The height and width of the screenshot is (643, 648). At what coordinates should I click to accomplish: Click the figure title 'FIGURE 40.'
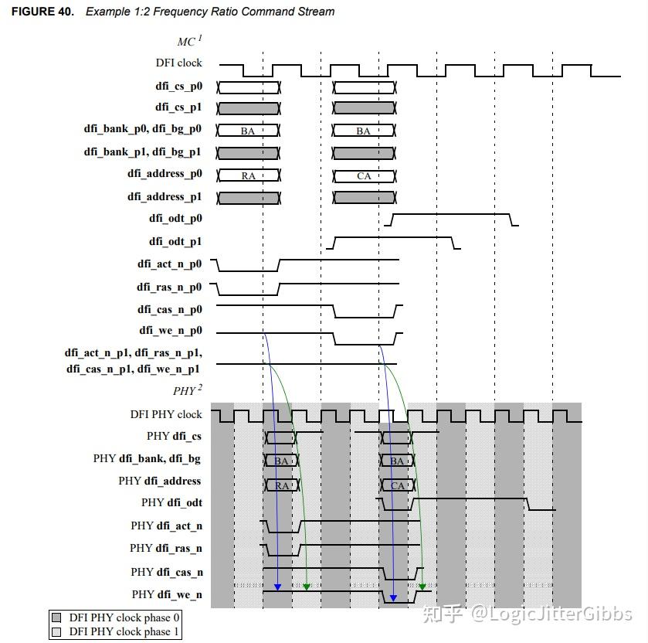pos(42,12)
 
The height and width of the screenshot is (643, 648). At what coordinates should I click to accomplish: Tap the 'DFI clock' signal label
pos(179,63)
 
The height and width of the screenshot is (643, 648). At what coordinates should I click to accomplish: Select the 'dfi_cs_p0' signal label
pos(179,87)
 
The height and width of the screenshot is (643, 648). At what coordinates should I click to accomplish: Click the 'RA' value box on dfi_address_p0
pos(249,175)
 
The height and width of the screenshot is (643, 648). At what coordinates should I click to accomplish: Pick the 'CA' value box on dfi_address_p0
pos(364,175)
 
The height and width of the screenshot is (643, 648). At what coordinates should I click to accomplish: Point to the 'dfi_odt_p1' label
pos(175,241)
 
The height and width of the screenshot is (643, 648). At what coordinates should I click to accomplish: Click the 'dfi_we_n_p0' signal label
pos(171,331)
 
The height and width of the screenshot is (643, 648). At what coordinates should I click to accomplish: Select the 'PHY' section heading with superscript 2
pos(188,390)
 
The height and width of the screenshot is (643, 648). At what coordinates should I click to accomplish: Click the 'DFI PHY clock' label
pos(166,414)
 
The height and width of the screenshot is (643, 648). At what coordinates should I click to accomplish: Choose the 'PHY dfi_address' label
pos(160,481)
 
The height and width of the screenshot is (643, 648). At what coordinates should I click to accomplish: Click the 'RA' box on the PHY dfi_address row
pos(282,485)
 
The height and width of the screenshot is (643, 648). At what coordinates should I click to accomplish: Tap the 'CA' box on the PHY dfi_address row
pos(398,485)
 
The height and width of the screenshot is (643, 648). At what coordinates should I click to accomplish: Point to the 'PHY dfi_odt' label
pos(171,503)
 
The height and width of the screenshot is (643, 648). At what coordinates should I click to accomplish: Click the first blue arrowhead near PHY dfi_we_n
pos(278,587)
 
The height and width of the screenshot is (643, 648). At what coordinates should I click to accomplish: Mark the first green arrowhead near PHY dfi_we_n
pos(306,587)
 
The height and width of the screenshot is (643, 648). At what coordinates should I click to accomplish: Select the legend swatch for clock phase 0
pos(56,617)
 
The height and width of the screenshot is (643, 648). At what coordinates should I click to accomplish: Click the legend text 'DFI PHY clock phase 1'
pos(124,632)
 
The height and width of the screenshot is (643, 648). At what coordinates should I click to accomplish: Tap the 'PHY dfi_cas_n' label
pos(167,573)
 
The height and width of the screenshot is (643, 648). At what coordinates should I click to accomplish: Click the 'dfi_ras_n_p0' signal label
pos(169,287)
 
